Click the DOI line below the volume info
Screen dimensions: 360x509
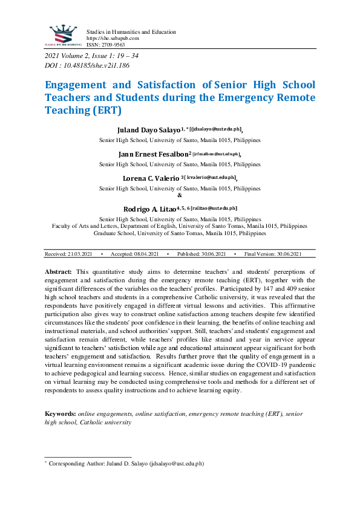[87, 65]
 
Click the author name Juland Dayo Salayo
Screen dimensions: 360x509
[148, 130]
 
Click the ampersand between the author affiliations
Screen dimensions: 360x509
[180, 195]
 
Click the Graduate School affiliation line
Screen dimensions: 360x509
[180, 232]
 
